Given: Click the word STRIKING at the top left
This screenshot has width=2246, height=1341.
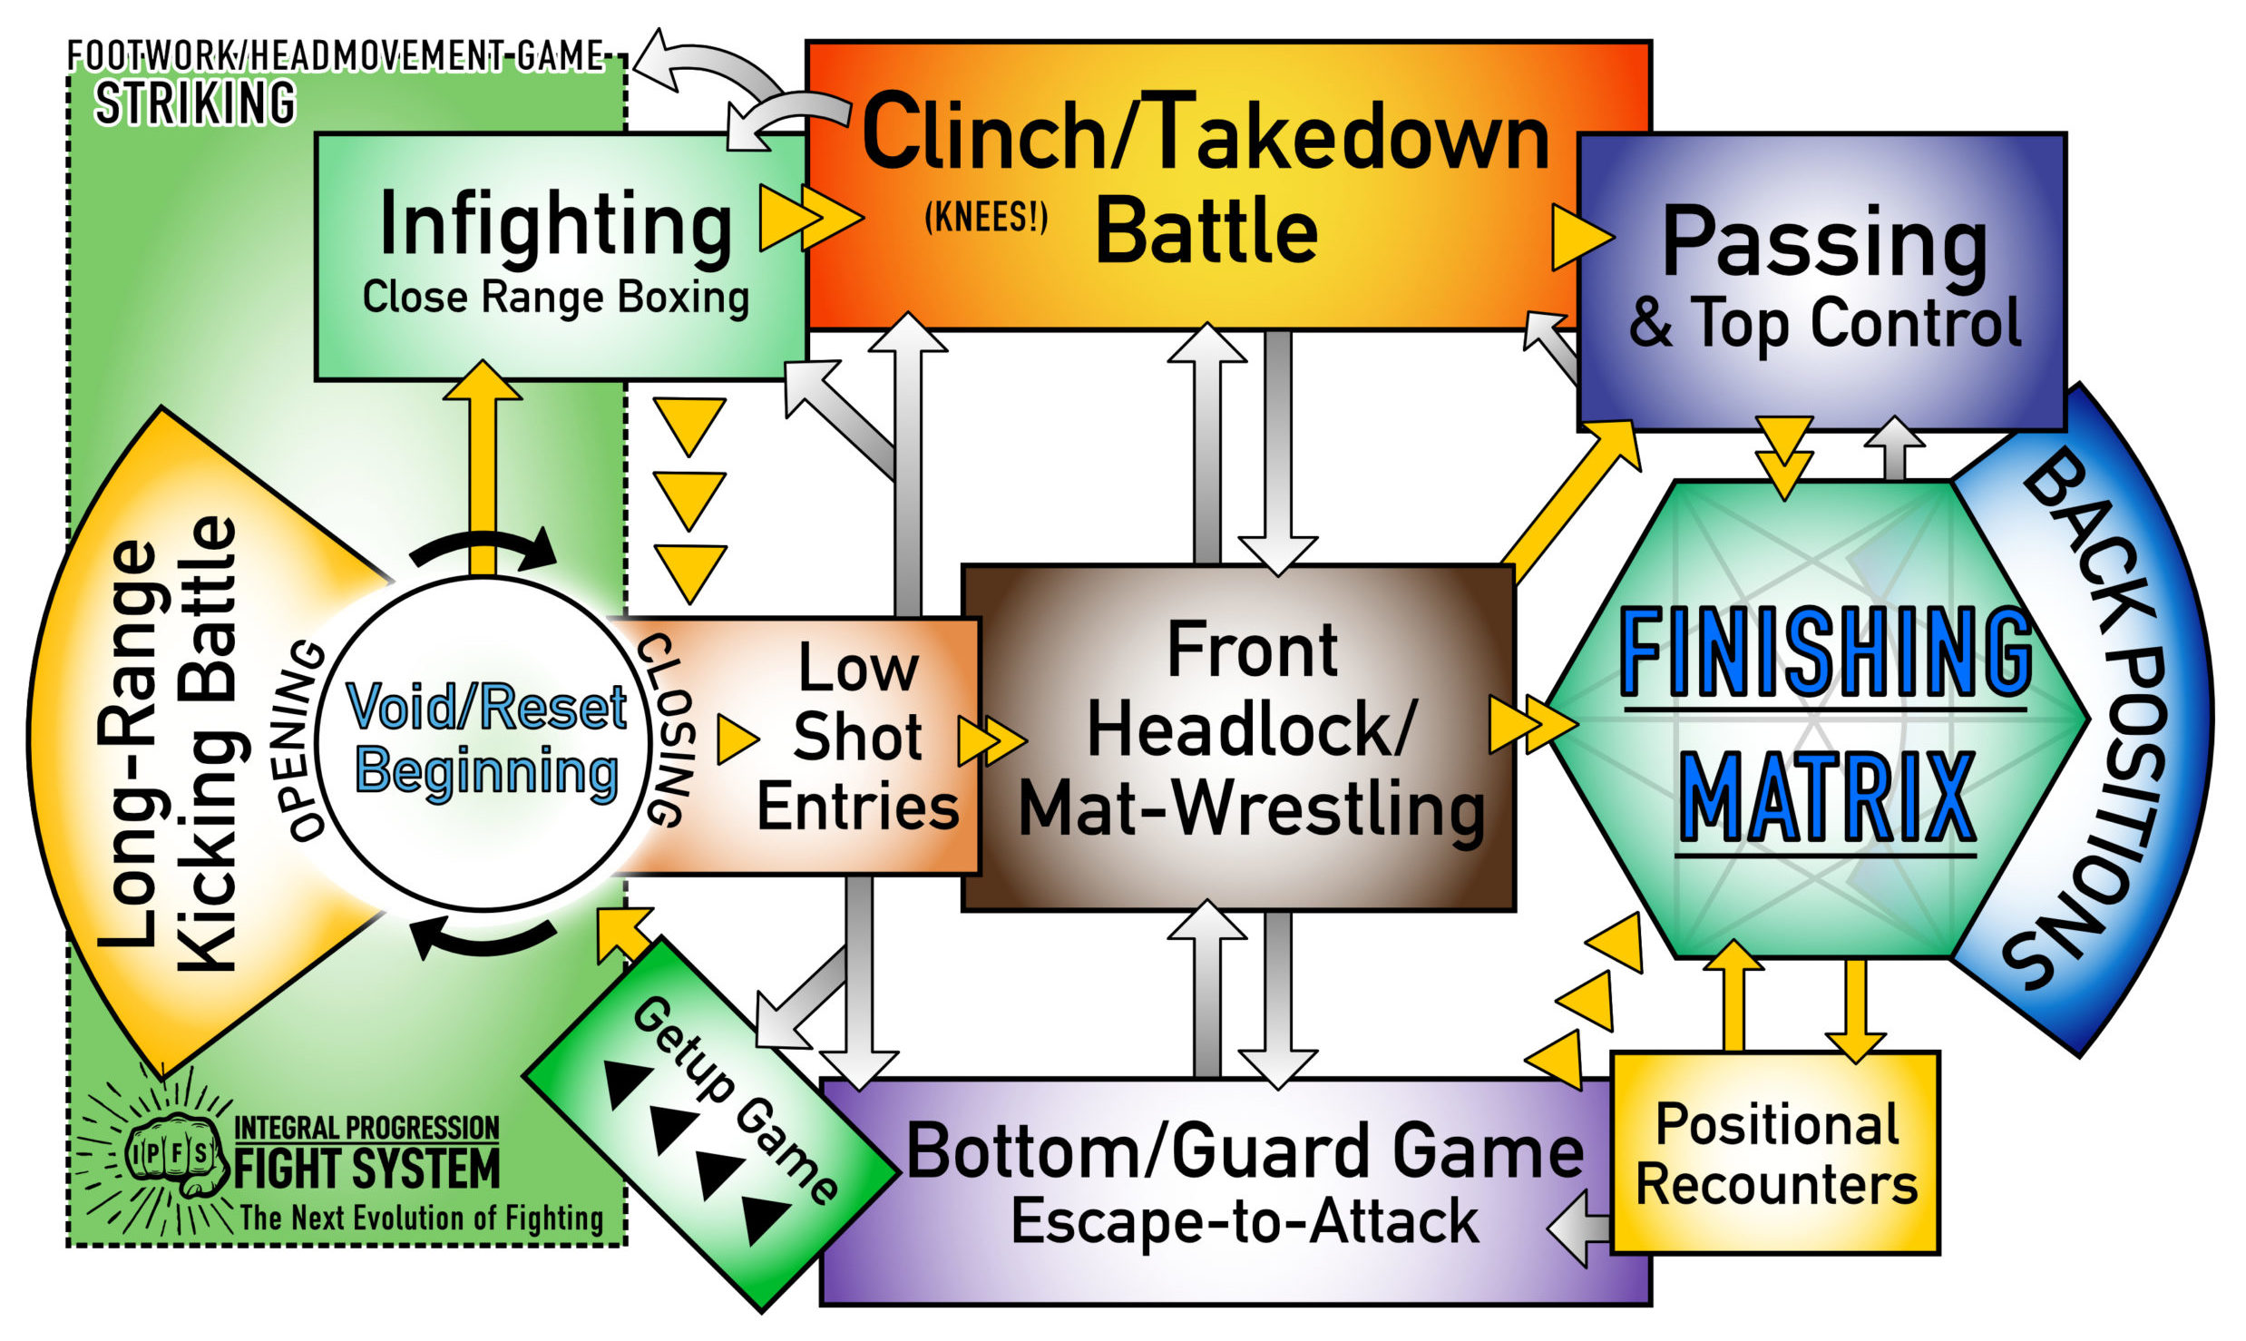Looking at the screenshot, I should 195,103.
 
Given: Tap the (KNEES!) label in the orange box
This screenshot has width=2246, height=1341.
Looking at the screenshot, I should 986,218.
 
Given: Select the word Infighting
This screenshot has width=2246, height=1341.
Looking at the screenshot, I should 555,225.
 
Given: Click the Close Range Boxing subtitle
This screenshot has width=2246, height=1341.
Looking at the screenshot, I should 555,297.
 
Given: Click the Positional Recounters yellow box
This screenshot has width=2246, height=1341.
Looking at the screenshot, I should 1775,1153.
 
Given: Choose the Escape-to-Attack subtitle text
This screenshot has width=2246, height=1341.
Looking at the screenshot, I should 1245,1221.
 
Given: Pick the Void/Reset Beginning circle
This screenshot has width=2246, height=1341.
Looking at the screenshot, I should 485,739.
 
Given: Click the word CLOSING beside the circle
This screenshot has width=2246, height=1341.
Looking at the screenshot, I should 669,730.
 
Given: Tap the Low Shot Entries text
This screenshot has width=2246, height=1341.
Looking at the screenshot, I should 857,737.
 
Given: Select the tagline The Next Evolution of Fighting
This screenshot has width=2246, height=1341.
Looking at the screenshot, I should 421,1219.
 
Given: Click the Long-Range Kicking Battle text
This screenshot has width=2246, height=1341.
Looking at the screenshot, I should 168,744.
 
